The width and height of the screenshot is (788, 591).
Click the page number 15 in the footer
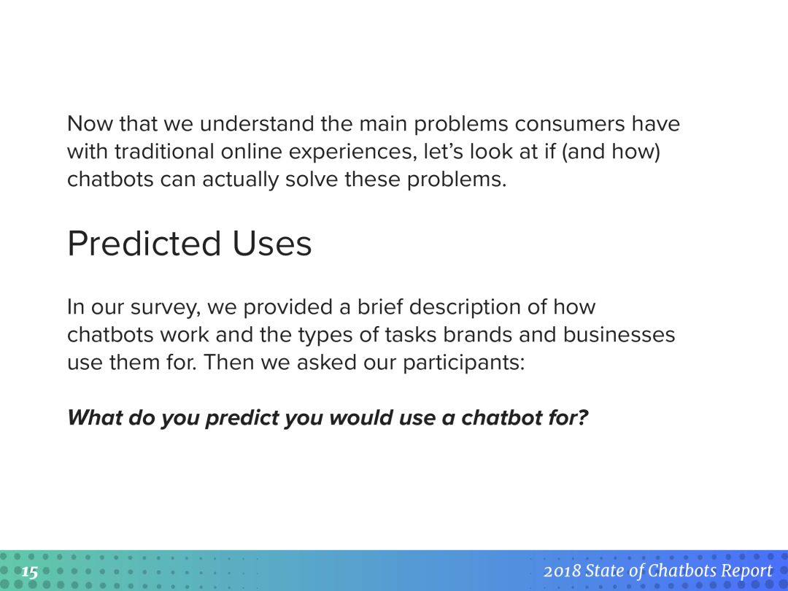coord(30,572)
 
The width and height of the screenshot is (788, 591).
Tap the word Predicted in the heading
coord(144,244)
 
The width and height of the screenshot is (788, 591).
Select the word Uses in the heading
coord(272,244)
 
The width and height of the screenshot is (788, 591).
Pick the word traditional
coord(164,151)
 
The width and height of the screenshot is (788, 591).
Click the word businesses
coord(619,335)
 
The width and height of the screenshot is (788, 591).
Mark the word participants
coord(464,363)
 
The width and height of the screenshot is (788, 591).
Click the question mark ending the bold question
coord(583,417)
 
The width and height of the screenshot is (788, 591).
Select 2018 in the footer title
coord(562,571)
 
